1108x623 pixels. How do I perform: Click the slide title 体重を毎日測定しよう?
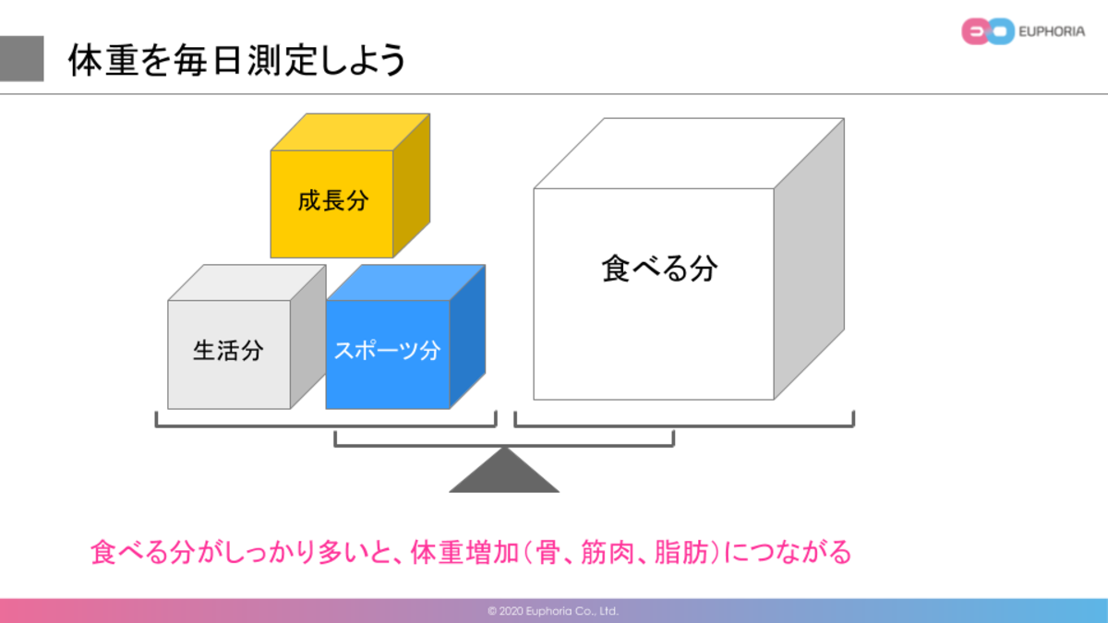point(237,61)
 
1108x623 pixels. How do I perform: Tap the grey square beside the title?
point(21,59)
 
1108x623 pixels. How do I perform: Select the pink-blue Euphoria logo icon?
point(983,32)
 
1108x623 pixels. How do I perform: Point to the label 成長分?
point(331,201)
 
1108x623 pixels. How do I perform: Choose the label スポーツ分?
point(387,351)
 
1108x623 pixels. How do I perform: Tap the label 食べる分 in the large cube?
point(659,269)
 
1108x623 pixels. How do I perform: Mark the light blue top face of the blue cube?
point(406,282)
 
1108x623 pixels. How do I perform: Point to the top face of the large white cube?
point(688,153)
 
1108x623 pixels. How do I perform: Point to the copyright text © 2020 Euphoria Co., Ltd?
point(553,611)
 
